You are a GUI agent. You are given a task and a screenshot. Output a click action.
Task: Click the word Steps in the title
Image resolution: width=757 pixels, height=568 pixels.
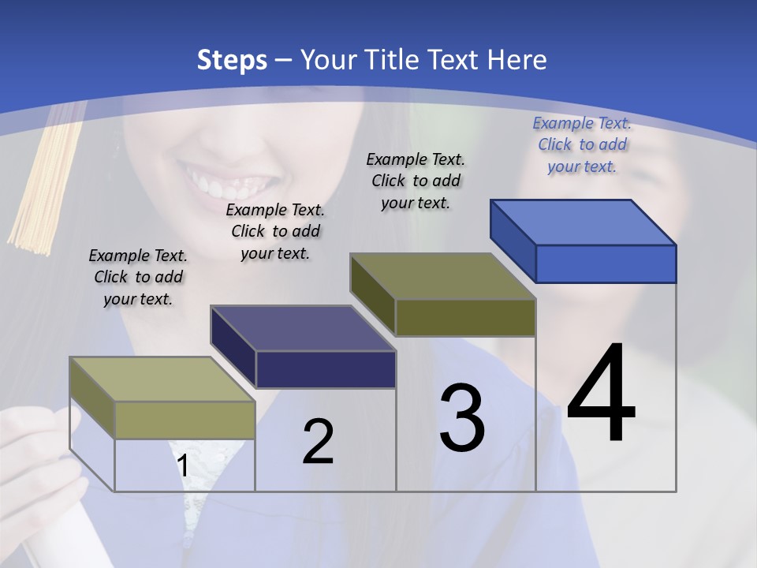pos(232,60)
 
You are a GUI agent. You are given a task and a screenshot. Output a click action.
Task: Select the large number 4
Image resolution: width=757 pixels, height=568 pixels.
pos(601,394)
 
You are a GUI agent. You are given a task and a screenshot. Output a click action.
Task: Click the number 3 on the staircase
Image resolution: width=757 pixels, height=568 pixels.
pos(462,418)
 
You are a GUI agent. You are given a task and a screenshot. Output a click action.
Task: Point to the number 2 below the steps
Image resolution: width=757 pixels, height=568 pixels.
pos(318,442)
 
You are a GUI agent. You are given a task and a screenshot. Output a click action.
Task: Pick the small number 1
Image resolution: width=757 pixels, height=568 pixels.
pos(183,466)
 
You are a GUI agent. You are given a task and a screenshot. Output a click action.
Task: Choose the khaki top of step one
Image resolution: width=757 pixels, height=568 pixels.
pos(162,379)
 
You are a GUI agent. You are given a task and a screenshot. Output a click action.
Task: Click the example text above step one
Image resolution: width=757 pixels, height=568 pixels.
pos(138,278)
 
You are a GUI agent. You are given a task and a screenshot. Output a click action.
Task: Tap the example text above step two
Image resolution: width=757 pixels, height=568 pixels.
pos(275,231)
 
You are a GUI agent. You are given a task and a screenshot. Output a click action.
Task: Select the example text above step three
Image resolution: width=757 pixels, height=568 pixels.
pos(416,181)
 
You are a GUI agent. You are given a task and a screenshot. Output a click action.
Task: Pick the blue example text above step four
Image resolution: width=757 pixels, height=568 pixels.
pos(582,144)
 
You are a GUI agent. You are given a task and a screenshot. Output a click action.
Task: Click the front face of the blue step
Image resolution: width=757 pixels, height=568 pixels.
pos(606,263)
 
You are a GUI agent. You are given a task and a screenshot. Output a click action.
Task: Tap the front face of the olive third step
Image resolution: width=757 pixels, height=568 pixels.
pos(465,317)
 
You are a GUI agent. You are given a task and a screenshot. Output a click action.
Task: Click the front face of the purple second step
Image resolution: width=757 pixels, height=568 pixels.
pos(326,369)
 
